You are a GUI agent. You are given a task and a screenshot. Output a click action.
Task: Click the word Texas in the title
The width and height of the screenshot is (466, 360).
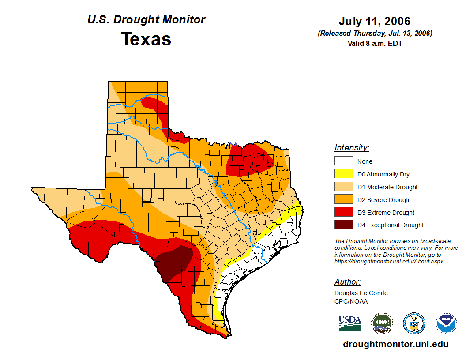146,39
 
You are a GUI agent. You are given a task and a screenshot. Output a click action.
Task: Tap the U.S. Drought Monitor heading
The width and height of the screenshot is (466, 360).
146,19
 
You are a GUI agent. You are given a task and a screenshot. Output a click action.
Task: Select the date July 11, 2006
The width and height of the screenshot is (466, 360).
375,21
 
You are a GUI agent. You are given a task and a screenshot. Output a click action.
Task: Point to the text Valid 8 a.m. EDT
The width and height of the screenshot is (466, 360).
375,43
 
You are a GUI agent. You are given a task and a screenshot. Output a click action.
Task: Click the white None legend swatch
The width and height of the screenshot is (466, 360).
343,161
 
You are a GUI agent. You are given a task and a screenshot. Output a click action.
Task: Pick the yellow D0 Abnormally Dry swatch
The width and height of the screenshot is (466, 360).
343,174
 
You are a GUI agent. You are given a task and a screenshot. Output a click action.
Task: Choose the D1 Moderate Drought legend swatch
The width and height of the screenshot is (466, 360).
343,187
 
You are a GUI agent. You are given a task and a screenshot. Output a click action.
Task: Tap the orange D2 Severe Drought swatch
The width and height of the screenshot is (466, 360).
343,200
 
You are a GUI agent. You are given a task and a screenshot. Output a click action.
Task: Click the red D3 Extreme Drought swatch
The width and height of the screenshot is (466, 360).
343,213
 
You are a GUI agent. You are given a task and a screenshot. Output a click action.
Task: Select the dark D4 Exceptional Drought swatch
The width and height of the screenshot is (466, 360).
343,225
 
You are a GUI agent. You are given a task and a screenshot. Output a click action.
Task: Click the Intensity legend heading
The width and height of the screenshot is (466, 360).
352,148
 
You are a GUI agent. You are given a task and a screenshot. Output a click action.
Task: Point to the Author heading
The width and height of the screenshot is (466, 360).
347,282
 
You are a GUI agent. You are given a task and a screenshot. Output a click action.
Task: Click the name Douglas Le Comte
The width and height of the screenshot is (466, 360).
361,293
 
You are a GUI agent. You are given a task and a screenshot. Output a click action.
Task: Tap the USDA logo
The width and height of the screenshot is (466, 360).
350,323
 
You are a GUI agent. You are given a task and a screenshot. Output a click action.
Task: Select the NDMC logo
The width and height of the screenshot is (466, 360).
382,323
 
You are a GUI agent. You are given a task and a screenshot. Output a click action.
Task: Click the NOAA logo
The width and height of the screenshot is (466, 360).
446,323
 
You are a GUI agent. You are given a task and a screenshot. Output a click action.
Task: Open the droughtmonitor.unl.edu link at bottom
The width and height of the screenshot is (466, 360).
395,344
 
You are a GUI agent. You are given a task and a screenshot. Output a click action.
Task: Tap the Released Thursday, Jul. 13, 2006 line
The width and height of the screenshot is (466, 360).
375,34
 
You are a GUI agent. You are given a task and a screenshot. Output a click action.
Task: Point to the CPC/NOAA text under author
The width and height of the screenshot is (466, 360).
351,301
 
